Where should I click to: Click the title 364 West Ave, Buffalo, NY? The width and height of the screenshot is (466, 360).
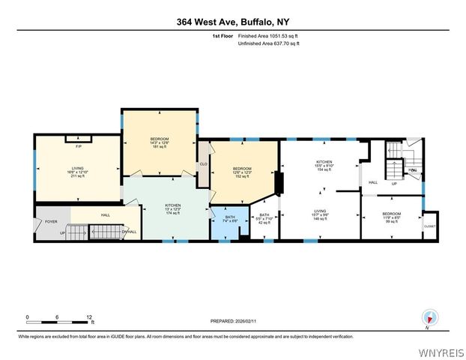pyautogui.click(x=233, y=22)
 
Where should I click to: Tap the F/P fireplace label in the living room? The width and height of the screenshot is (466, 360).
pyautogui.click(x=77, y=139)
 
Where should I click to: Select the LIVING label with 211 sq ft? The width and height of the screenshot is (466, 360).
pyautogui.click(x=77, y=172)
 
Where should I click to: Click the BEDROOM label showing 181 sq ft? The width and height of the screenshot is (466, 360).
pyautogui.click(x=160, y=142)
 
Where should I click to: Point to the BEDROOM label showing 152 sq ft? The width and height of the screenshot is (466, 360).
pyautogui.click(x=241, y=172)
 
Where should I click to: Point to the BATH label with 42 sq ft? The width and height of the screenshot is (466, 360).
pyautogui.click(x=264, y=218)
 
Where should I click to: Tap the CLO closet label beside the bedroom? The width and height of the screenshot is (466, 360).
pyautogui.click(x=202, y=165)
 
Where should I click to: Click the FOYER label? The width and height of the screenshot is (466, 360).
pyautogui.click(x=51, y=222)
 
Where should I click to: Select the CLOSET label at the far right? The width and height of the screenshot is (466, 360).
pyautogui.click(x=429, y=226)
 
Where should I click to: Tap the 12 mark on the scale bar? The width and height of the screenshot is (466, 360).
pyautogui.click(x=89, y=317)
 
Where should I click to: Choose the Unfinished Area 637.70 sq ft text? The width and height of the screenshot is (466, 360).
pyautogui.click(x=268, y=43)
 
